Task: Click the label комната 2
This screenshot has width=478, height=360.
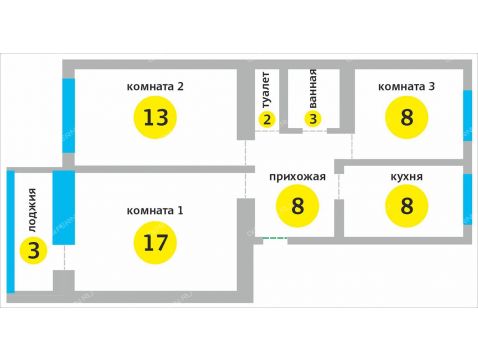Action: tap(155, 86)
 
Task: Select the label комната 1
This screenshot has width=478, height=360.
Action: tap(155, 211)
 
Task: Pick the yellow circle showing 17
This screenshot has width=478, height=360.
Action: tap(155, 243)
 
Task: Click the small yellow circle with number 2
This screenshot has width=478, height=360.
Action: tap(266, 119)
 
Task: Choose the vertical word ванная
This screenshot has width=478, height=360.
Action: tap(313, 88)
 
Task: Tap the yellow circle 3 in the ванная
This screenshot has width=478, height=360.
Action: tap(313, 119)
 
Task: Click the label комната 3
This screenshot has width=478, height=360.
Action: tap(406, 86)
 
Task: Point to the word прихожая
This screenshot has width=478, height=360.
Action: tap(298, 177)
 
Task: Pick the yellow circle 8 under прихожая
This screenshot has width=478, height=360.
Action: tap(298, 208)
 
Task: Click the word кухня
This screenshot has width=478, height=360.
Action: tap(406, 177)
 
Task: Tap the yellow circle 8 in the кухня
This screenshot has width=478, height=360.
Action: tap(406, 208)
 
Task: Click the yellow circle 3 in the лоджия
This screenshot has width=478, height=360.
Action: tap(33, 250)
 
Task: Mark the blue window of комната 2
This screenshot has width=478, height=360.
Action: tap(68, 115)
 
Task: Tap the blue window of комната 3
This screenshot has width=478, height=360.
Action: tap(467, 116)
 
